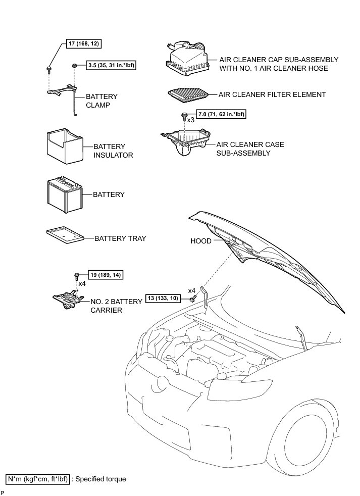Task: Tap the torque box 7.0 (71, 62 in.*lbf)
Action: click(221, 115)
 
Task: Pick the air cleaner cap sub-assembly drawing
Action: click(188, 61)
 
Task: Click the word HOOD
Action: click(201, 241)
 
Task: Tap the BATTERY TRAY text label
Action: click(120, 238)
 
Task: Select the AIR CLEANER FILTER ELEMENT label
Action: click(272, 94)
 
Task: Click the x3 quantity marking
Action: click(191, 120)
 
